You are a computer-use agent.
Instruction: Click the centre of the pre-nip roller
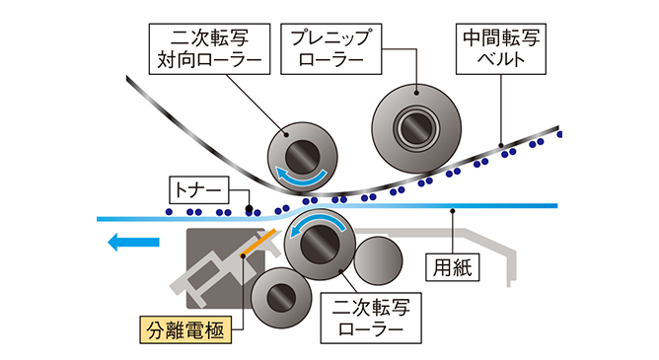coord(415,127)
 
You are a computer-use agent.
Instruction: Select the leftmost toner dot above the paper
coord(169,213)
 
